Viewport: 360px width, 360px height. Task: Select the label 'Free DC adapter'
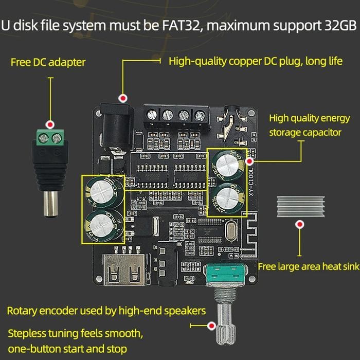tap(48, 63)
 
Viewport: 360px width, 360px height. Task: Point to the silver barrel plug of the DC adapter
tap(52, 203)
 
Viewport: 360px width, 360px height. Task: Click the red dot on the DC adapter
tap(50, 125)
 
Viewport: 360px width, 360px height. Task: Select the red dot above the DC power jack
tap(122, 98)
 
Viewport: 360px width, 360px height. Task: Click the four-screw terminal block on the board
tap(175, 116)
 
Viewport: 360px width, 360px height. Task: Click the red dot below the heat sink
tap(299, 225)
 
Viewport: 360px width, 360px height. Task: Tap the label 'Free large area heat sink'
tap(307, 266)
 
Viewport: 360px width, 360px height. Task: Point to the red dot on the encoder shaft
tap(211, 325)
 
